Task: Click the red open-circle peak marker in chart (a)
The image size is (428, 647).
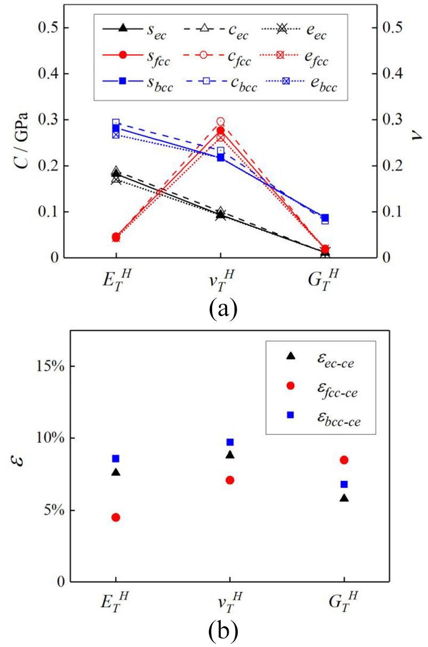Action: [221, 122]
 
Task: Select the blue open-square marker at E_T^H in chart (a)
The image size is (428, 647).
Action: [116, 123]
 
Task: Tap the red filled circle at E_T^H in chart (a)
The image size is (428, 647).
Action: [116, 237]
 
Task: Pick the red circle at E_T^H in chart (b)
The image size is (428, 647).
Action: [116, 517]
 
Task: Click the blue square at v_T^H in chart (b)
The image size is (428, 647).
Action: [230, 442]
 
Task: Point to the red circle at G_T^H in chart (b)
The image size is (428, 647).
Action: [344, 460]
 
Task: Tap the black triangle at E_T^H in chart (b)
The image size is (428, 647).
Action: [116, 472]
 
